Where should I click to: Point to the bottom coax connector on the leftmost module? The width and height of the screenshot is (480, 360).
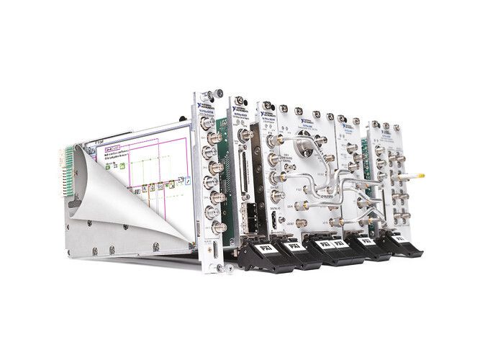214,227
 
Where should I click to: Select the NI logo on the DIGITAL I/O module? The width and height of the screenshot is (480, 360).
267,114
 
